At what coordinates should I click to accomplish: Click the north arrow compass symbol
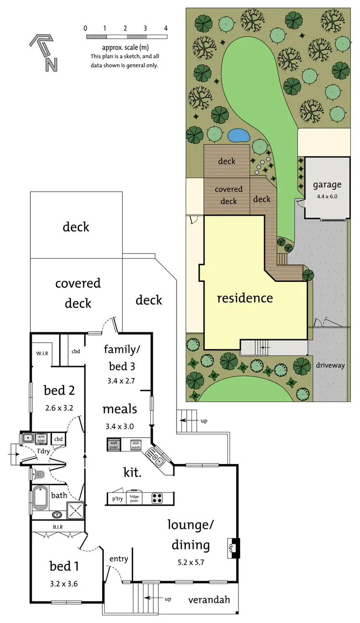coord(44,52)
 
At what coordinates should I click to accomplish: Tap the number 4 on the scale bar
coord(166,28)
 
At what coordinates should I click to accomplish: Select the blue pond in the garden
coord(239,135)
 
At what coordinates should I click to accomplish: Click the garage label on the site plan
coord(327,184)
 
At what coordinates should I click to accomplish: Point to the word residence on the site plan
coord(245,298)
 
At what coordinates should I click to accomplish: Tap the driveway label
coord(330,365)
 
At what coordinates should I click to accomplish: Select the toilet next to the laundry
coord(39,475)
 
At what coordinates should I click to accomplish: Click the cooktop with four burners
coord(157,498)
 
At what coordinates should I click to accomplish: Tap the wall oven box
coord(114,444)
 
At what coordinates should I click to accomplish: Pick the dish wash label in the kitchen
coord(135,445)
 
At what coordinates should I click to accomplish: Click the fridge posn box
coord(134,498)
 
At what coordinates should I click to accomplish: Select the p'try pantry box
coord(117,499)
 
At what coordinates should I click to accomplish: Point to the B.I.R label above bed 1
coord(58,527)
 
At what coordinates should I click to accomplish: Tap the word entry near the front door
coord(119,559)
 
